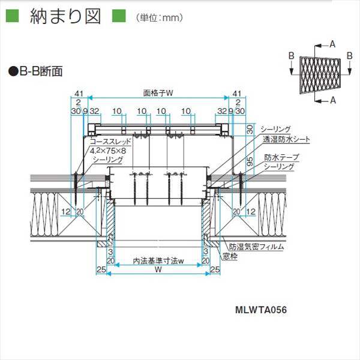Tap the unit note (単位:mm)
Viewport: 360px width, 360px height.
[x=158, y=18]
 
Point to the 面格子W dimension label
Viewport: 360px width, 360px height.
[x=158, y=94]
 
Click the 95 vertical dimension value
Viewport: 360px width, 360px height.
[x=250, y=160]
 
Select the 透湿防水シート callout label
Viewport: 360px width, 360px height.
[x=286, y=139]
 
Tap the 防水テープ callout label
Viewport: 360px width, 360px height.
[x=281, y=157]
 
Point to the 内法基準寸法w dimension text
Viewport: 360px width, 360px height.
[x=158, y=262]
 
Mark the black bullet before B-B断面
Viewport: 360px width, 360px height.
[x=12, y=71]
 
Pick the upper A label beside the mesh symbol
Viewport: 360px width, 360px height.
[x=332, y=43]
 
